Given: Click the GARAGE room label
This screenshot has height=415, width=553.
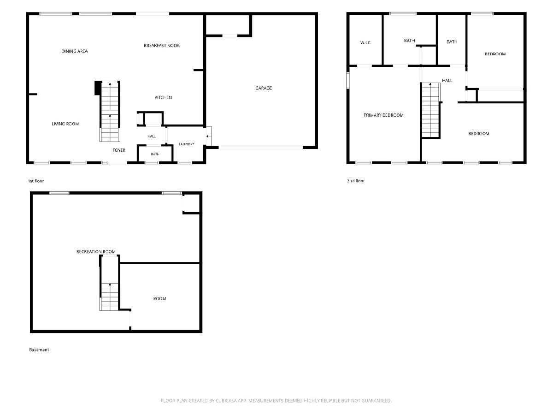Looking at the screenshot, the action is point(264,88).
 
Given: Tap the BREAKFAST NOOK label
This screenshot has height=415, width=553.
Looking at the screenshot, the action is point(162,46).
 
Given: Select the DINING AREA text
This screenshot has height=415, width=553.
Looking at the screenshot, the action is point(75,51).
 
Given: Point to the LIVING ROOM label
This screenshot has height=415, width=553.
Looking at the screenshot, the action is point(65,124).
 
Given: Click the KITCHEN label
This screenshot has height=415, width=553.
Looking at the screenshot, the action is point(163,97).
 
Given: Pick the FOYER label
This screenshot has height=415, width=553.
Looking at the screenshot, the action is point(119,150).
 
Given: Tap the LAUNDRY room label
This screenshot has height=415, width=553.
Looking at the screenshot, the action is point(187,144).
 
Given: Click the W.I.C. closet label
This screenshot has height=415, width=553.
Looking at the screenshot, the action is point(365,42).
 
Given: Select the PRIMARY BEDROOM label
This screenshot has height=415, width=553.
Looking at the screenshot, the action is point(383,115).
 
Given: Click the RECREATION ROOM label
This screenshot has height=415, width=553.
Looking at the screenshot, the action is point(96,251).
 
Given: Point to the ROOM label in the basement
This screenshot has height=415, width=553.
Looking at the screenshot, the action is point(160,299).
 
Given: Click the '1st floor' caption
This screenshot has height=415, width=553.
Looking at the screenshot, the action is point(36,181).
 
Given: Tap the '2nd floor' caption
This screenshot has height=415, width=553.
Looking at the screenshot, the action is point(356,181).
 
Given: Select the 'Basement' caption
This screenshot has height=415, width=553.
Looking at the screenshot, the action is point(39,350).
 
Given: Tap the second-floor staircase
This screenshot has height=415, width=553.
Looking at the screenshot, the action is point(431,110).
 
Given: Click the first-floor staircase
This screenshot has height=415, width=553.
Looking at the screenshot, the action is point(110,112).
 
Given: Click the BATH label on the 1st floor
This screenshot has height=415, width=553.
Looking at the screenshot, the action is point(155,154).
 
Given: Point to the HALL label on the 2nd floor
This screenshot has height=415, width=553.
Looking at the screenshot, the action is point(447,80).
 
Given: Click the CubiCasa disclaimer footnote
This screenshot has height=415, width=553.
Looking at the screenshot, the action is point(276,400).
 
